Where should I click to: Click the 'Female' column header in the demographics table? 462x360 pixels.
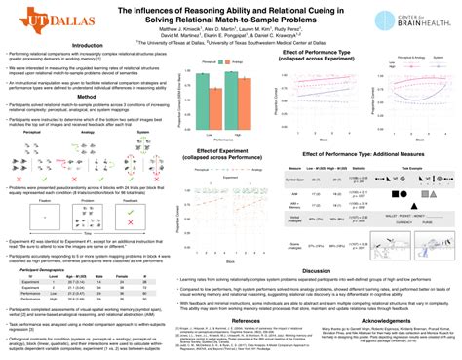click(121, 276)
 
